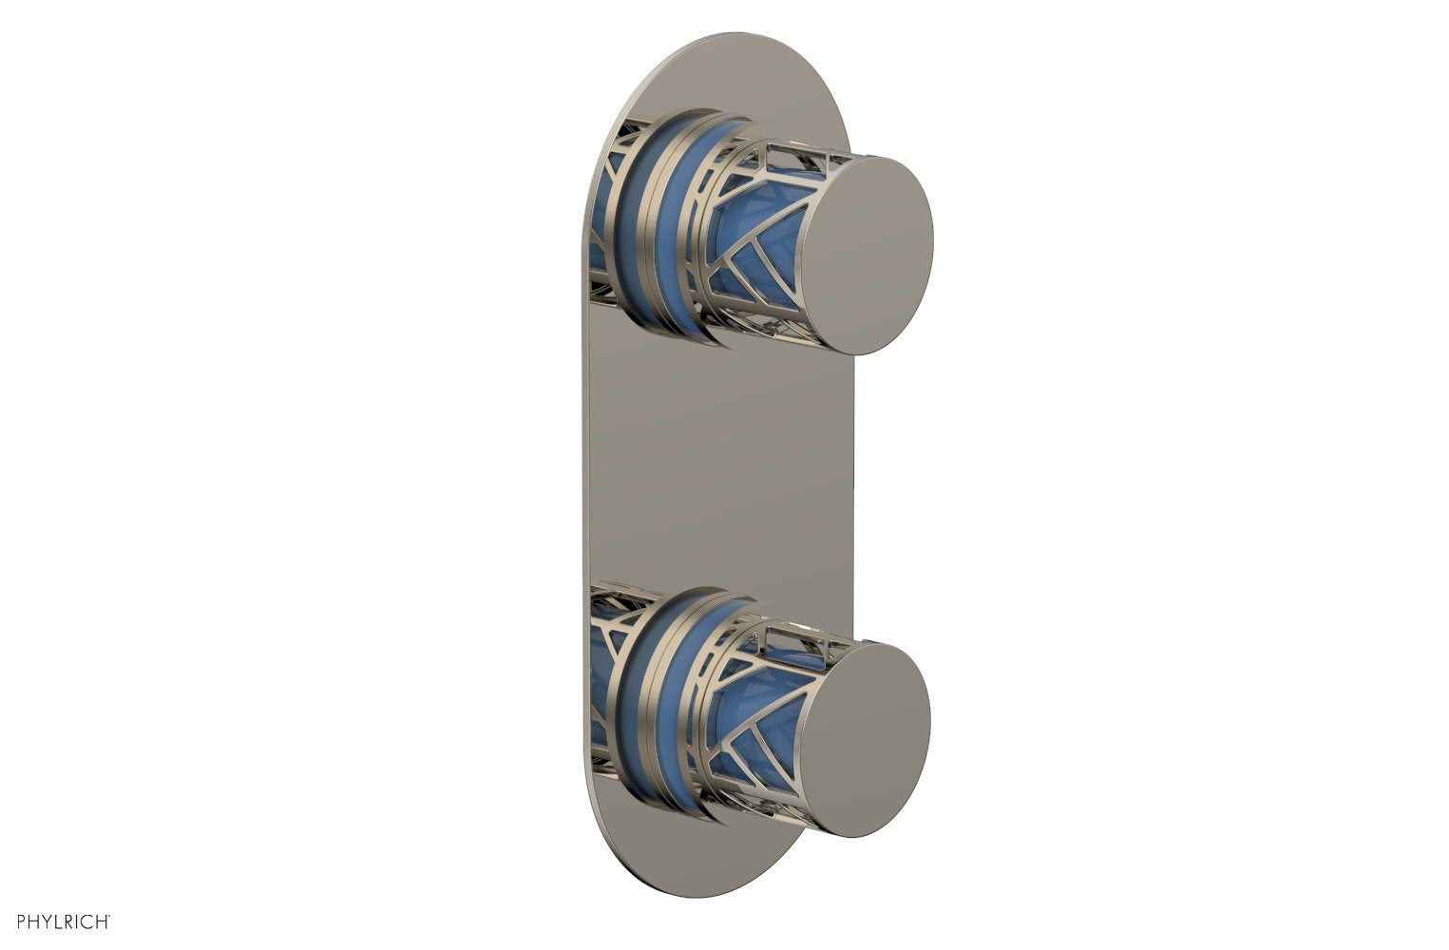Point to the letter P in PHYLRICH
pyautogui.click(x=10, y=921)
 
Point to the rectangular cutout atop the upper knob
pyautogui.click(x=803, y=152)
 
